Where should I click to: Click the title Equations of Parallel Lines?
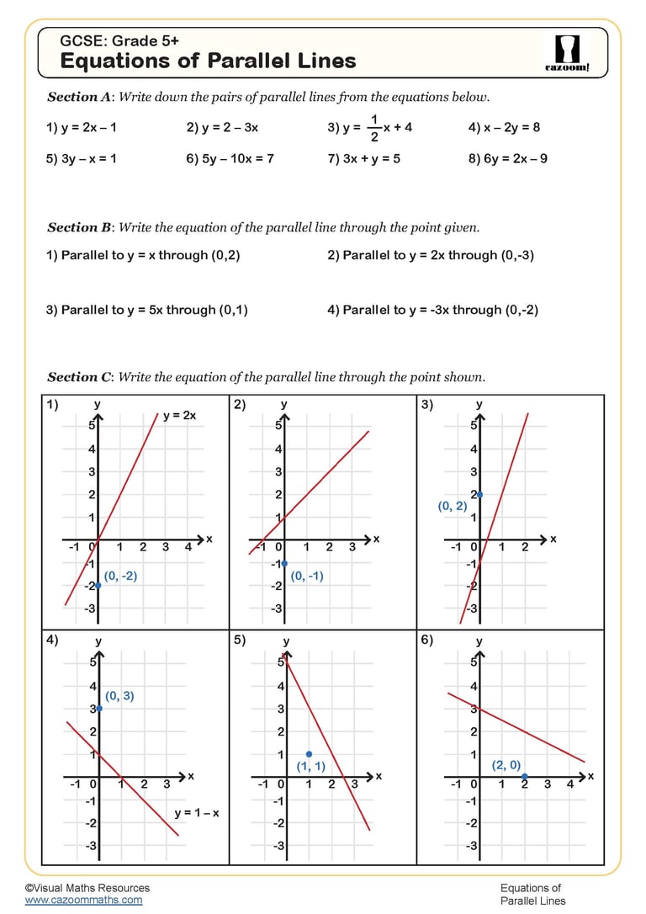pyautogui.click(x=208, y=61)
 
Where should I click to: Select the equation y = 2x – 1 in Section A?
pyautogui.click(x=82, y=128)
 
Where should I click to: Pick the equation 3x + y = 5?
pyautogui.click(x=363, y=158)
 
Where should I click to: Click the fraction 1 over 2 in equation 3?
pyautogui.click(x=373, y=128)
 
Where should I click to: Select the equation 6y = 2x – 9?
pyautogui.click(x=508, y=158)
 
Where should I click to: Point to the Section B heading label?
pyautogui.click(x=79, y=227)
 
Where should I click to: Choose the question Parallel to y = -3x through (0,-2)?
pyautogui.click(x=432, y=310)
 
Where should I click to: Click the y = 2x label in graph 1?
pyautogui.click(x=179, y=416)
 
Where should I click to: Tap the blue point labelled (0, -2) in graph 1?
pyautogui.click(x=98, y=585)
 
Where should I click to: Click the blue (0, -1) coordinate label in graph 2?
pyautogui.click(x=307, y=577)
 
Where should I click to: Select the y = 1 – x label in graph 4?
pyautogui.click(x=196, y=813)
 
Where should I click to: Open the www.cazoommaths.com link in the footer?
pyautogui.click(x=83, y=900)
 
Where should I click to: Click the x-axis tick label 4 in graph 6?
pyautogui.click(x=569, y=784)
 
